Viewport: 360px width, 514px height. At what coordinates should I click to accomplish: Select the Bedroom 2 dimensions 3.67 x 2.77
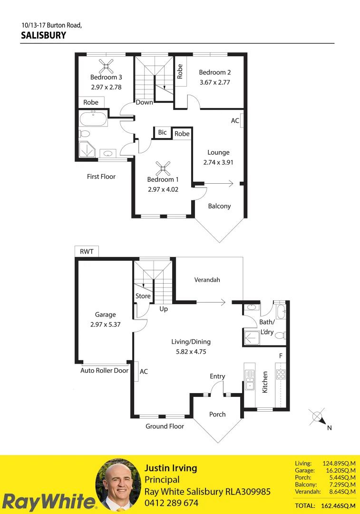click(214, 82)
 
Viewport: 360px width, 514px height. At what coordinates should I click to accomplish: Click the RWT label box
click(87, 251)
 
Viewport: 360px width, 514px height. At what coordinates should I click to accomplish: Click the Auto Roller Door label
click(104, 370)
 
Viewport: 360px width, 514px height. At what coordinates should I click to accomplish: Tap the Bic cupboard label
click(162, 132)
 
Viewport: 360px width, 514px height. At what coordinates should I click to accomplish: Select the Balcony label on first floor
click(219, 206)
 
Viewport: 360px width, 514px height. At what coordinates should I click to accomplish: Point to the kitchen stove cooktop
click(281, 374)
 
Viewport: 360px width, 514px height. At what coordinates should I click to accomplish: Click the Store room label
click(143, 296)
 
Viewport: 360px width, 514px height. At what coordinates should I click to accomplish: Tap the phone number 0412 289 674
click(171, 503)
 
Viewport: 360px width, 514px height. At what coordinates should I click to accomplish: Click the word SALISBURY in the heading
click(44, 35)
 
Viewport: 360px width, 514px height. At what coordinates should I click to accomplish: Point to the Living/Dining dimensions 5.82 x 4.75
click(191, 352)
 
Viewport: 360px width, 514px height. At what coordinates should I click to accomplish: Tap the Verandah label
click(207, 280)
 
